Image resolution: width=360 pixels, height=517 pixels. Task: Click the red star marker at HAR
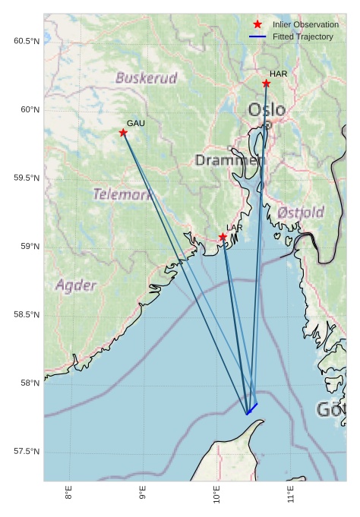pyautogui.click(x=266, y=84)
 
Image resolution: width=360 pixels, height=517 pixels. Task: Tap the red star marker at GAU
pyautogui.click(x=123, y=133)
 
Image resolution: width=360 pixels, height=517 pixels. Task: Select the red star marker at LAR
pyautogui.click(x=223, y=238)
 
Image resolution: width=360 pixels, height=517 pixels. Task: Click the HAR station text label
pyautogui.click(x=279, y=74)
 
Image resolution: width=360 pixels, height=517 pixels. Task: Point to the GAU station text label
pyautogui.click(x=135, y=123)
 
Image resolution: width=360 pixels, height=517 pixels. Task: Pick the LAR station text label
pyautogui.click(x=235, y=228)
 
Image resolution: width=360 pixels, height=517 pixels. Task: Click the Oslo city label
pyautogui.click(x=267, y=110)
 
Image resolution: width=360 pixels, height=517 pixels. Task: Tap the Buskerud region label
pyautogui.click(x=147, y=77)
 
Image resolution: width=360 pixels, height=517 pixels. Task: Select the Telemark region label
pyautogui.click(x=123, y=194)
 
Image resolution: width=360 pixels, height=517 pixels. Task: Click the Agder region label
pyautogui.click(x=76, y=285)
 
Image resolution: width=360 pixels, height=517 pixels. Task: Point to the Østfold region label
pyautogui.click(x=302, y=212)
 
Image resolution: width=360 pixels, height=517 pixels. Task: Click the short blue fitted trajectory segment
pyautogui.click(x=252, y=409)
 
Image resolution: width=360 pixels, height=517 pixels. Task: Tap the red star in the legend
pyautogui.click(x=257, y=24)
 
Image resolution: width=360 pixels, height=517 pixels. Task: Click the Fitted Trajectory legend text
pyautogui.click(x=303, y=36)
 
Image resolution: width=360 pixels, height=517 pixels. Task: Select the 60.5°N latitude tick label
pyautogui.click(x=27, y=41)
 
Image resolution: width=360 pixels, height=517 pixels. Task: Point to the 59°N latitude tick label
pyautogui.click(x=29, y=247)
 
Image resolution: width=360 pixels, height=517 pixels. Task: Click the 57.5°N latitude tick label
pyautogui.click(x=27, y=452)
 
